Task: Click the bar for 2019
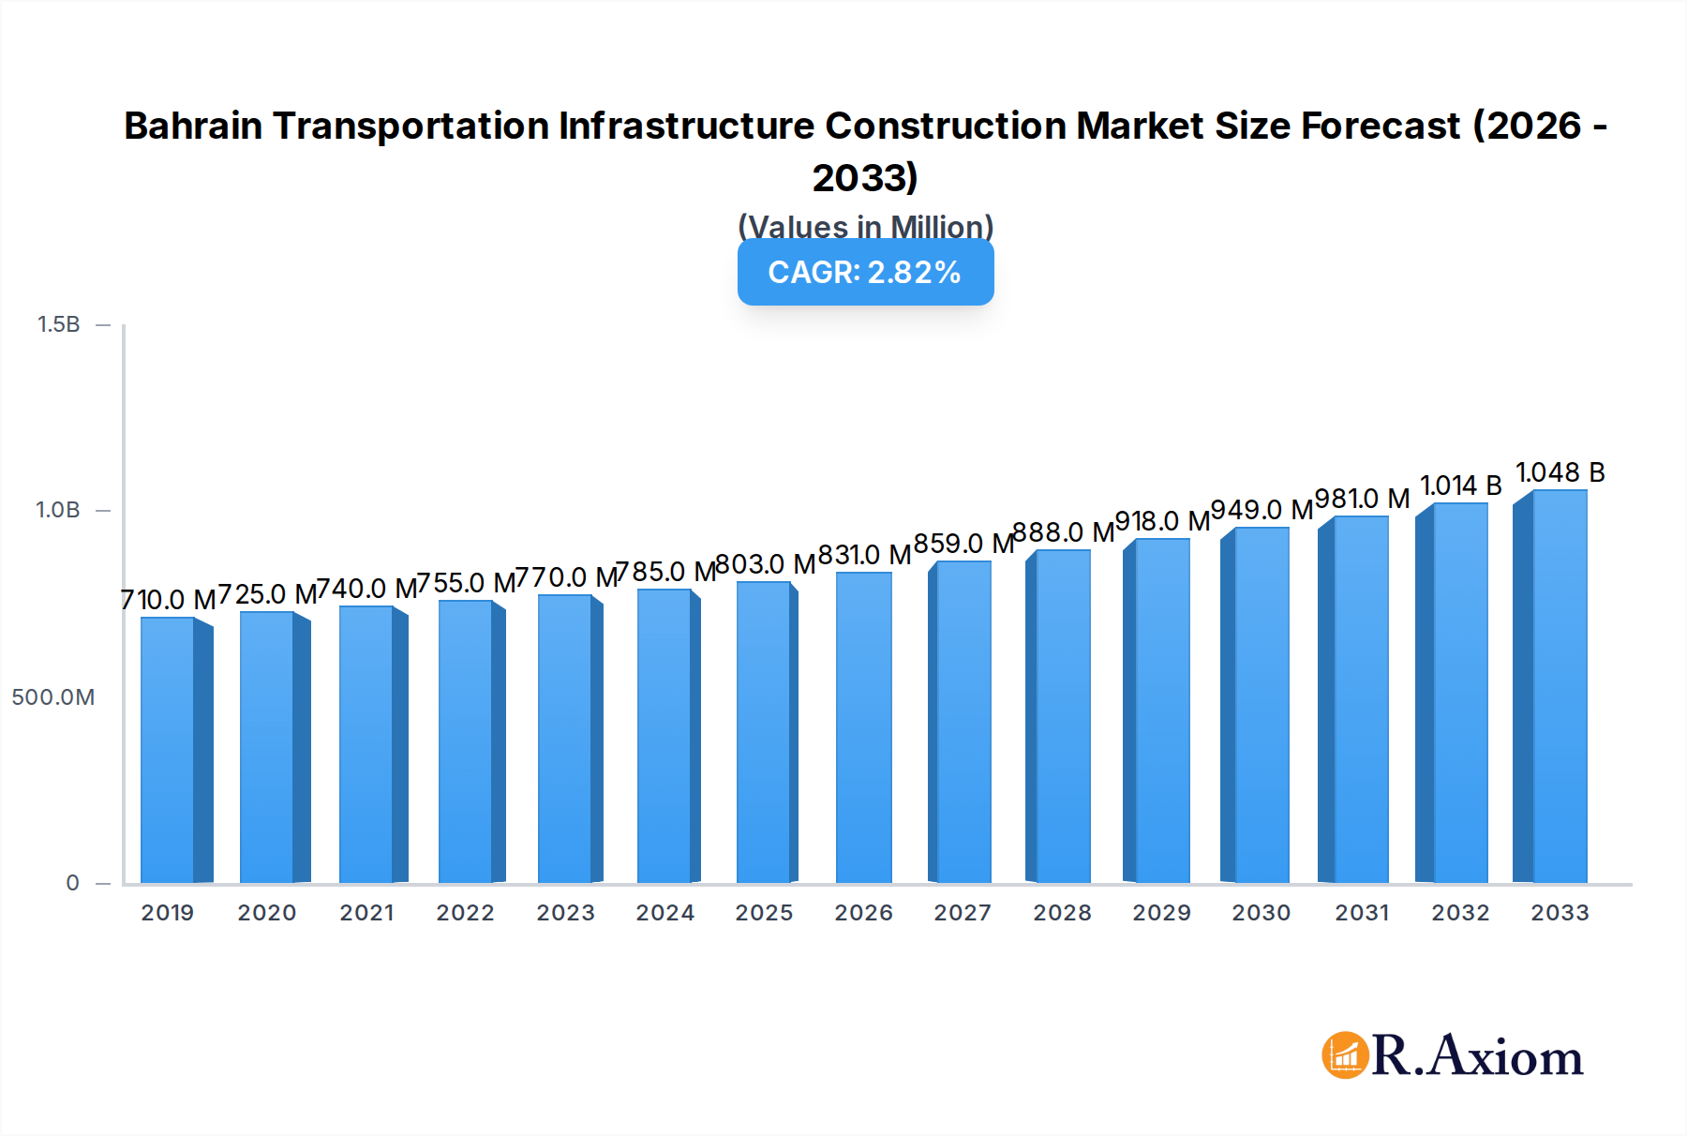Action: [169, 750]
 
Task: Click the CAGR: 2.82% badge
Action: [865, 272]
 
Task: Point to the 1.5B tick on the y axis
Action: [59, 324]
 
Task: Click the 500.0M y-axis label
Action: [53, 697]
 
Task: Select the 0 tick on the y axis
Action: [73, 883]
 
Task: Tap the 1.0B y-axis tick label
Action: [59, 510]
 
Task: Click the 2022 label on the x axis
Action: [466, 913]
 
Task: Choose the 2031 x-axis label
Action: [1362, 913]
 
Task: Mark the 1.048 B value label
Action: [1560, 472]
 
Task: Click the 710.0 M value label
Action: [169, 600]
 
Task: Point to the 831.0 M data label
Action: [864, 555]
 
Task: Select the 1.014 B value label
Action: [1460, 486]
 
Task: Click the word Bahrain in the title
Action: [192, 126]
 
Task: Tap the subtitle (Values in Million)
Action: [865, 227]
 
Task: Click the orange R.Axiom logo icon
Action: [1344, 1055]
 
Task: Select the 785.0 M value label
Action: [665, 572]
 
